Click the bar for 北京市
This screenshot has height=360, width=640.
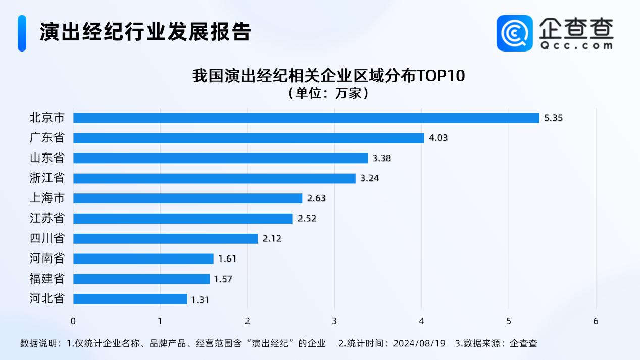(306, 118)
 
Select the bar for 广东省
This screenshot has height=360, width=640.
(249, 138)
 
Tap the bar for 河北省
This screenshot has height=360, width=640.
(130, 299)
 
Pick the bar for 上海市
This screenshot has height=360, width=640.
(187, 198)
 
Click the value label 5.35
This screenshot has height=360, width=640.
(553, 118)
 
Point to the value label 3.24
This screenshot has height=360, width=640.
(369, 178)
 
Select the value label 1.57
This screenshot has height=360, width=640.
(223, 279)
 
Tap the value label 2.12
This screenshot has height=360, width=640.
(272, 239)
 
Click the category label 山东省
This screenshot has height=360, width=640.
(47, 158)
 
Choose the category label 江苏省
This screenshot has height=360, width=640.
(47, 219)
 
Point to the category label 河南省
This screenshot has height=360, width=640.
(47, 259)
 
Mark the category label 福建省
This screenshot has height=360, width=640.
(47, 279)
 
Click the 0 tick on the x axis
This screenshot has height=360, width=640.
(73, 321)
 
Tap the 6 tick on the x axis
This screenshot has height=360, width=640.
(596, 321)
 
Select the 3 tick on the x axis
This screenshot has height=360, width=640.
(334, 321)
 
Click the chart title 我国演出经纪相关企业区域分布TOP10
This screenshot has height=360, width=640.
(328, 76)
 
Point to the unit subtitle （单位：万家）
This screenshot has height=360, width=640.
(328, 93)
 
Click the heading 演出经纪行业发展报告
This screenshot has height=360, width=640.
(145, 32)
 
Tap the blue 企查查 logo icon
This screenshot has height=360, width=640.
(515, 33)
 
